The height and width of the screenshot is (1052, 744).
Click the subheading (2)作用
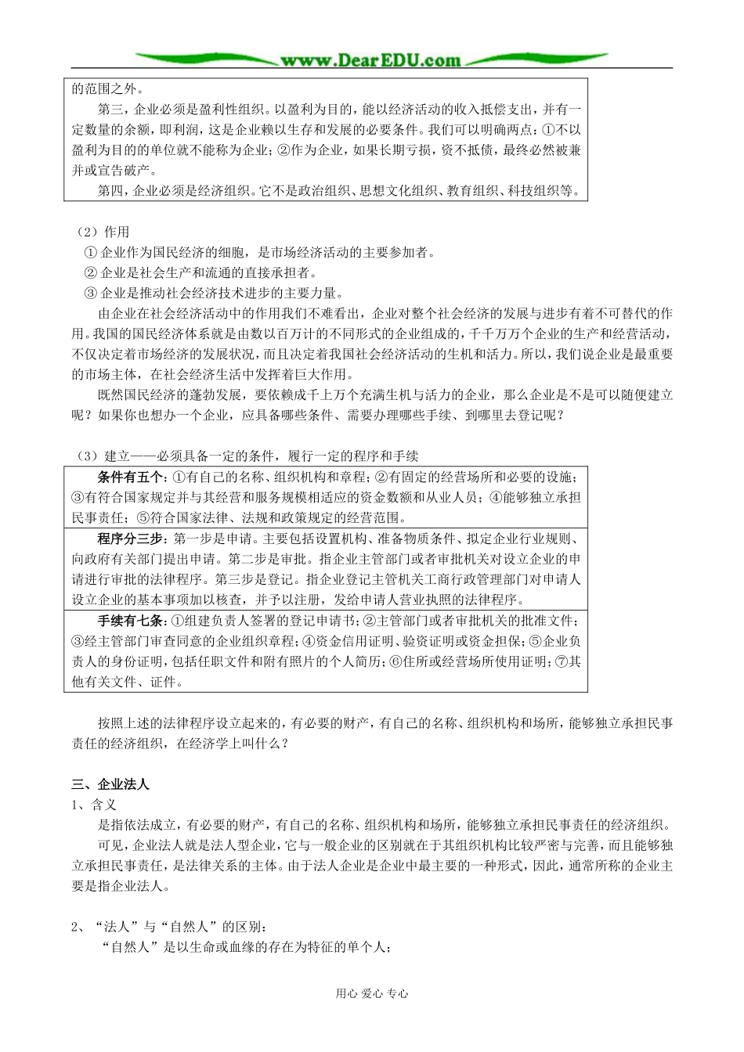coord(103,232)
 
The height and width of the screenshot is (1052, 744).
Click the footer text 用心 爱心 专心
coord(371,993)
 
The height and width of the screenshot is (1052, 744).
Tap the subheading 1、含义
coord(94,805)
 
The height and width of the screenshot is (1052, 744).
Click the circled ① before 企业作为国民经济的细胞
coord(90,252)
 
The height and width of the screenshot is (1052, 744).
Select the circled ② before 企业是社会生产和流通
coord(90,272)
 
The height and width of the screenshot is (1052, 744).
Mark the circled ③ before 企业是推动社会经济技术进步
coord(90,293)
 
